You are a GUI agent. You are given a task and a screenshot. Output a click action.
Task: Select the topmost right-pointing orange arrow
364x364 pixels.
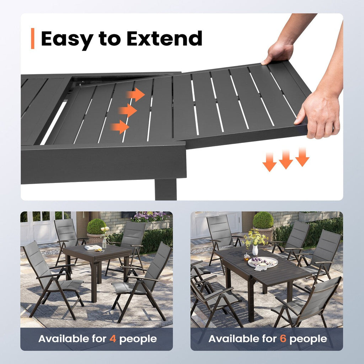coord(135,95)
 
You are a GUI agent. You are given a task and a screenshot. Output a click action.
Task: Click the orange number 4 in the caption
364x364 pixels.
coord(113,339)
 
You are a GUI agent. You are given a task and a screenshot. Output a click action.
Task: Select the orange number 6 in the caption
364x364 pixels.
coord(283,339)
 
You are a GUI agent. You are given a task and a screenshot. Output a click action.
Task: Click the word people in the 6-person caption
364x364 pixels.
coord(308,339)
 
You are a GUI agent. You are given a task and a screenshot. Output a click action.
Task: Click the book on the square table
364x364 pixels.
coord(93,247)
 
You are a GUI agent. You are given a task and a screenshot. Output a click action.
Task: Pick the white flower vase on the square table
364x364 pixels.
coord(105,242)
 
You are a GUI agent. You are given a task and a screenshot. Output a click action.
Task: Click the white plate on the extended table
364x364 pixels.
coord(263,262)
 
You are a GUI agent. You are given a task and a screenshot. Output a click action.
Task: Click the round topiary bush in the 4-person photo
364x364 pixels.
coord(96,226)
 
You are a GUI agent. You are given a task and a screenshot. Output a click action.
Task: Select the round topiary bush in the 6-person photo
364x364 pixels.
coord(263,220)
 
